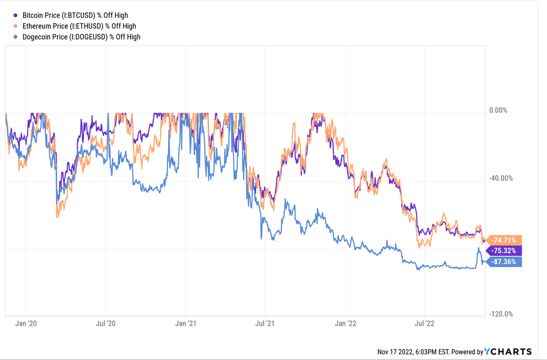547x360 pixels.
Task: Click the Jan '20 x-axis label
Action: click(x=26, y=323)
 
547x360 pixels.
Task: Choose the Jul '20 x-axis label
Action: click(x=106, y=323)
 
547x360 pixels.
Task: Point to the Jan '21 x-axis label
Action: click(x=186, y=323)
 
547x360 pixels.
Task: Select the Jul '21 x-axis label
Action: click(x=265, y=323)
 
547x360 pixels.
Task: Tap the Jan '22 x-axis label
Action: click(x=346, y=323)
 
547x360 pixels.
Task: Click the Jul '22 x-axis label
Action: click(x=425, y=323)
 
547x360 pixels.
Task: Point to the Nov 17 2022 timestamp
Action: click(x=415, y=352)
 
